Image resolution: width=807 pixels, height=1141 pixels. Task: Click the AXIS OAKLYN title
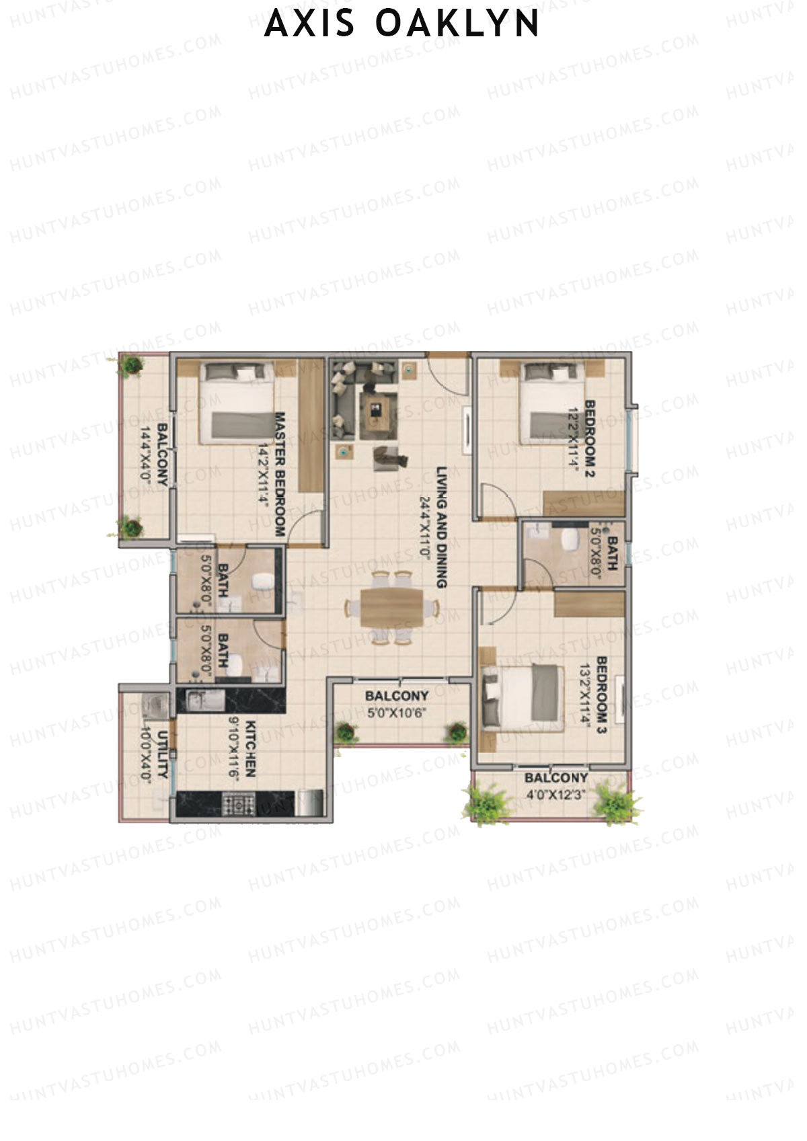[402, 24]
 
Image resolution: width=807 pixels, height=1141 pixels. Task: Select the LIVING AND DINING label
[441, 528]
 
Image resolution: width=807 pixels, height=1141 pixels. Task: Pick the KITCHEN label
[250, 749]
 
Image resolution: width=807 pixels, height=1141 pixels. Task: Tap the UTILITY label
[162, 754]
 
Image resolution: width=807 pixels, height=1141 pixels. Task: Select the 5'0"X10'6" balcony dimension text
[396, 713]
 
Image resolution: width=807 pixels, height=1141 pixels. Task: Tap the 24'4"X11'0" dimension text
[424, 524]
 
